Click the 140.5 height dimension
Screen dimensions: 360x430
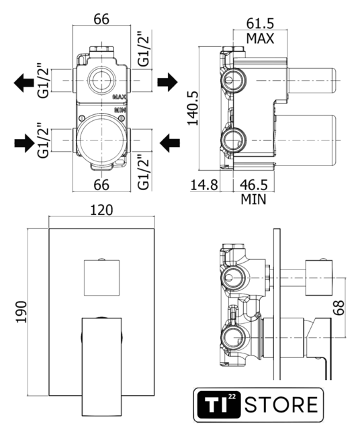coord(193,107)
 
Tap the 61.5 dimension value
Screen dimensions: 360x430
coord(260,24)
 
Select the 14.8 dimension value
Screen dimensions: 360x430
coord(204,185)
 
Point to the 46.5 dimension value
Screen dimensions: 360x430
coord(254,185)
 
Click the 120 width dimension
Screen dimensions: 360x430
coord(101,210)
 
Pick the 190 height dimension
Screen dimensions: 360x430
coord(21,312)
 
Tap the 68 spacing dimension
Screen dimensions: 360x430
coord(339,308)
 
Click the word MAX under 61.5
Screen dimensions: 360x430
coord(260,38)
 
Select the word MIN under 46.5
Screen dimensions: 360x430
coord(253,200)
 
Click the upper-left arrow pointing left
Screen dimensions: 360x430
coord(24,83)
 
